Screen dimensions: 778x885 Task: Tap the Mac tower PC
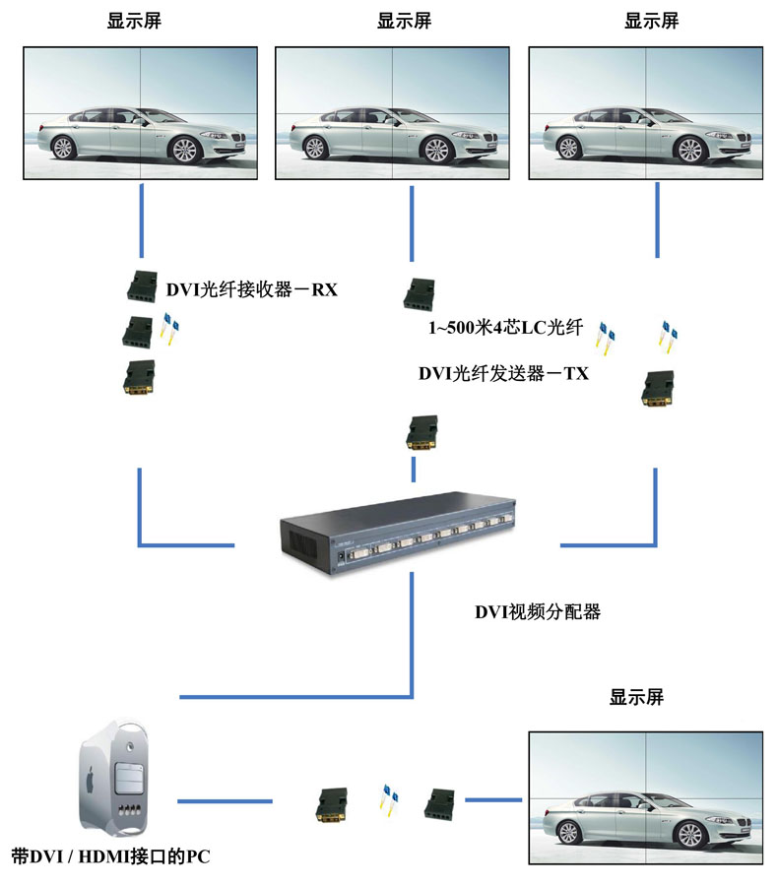click(113, 778)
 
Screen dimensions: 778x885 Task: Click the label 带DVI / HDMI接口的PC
click(110, 856)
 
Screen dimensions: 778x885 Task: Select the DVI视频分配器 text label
click(538, 612)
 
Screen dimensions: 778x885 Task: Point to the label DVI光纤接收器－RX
click(252, 289)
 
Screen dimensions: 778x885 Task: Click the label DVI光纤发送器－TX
click(503, 373)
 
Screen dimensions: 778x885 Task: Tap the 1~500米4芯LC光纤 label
click(505, 328)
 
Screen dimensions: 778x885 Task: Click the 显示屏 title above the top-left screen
click(134, 21)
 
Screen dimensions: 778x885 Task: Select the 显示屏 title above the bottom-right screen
click(636, 697)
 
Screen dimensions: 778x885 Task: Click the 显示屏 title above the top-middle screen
click(404, 21)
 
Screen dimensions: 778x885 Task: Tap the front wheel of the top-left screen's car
click(184, 150)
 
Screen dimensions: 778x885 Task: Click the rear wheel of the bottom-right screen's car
click(568, 833)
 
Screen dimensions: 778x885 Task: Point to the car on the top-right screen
click(646, 134)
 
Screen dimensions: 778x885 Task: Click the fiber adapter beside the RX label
click(141, 286)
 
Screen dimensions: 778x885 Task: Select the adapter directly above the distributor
click(421, 433)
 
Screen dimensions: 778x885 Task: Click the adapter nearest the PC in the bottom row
click(332, 805)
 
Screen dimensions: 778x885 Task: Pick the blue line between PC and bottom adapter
click(225, 801)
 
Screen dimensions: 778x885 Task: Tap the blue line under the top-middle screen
click(412, 223)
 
